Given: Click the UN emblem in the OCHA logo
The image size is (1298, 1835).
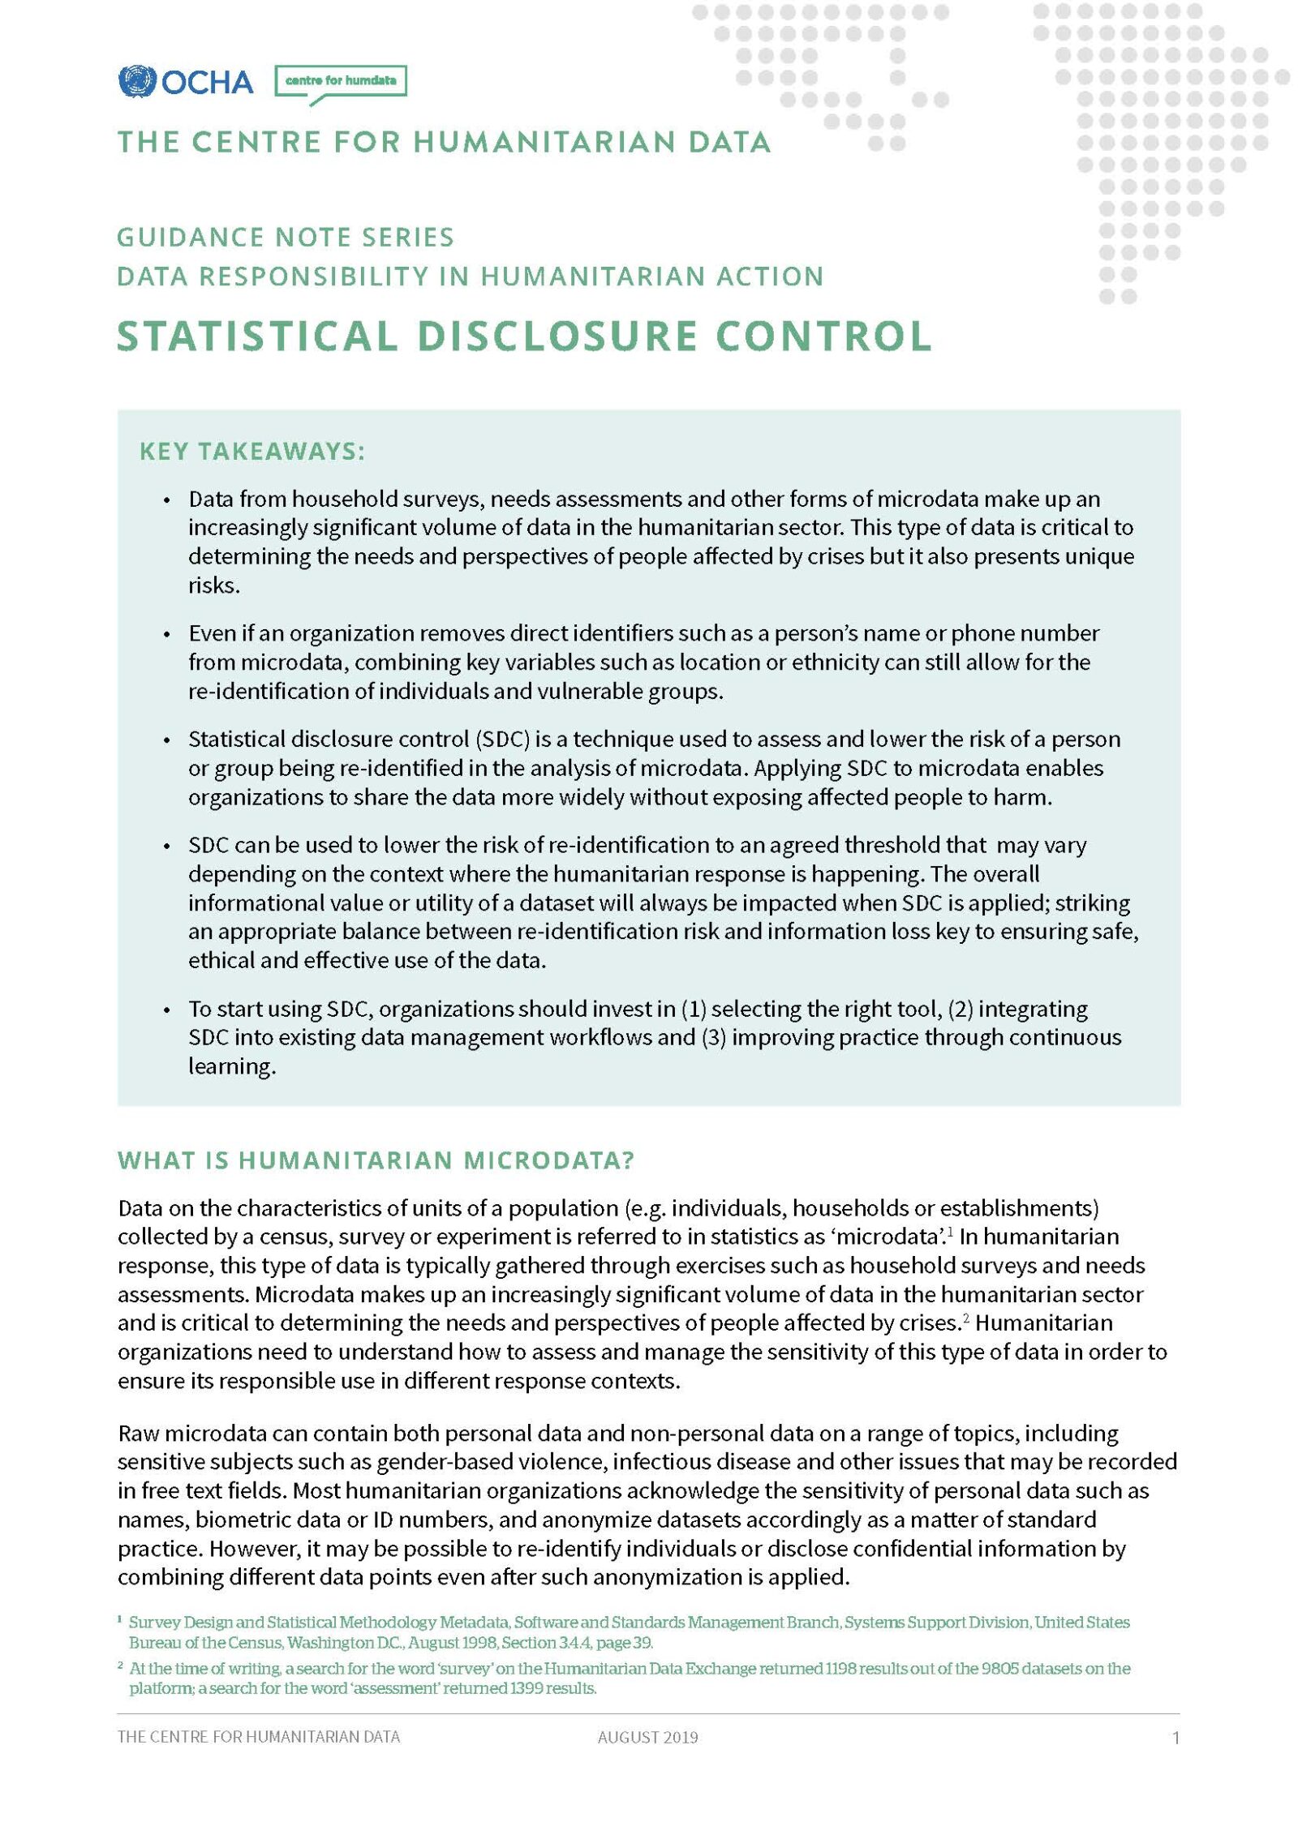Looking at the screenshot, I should coord(136,81).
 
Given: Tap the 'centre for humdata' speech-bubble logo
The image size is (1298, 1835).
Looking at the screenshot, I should coord(341,81).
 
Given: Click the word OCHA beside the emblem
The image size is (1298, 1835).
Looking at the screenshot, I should coord(207,82).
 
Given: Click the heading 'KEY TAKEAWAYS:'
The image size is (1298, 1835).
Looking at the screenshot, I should coord(251,452).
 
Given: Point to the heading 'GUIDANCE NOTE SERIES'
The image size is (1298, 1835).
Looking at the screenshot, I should coord(285,238).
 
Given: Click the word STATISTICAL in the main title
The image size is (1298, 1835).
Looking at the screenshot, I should coord(257,336).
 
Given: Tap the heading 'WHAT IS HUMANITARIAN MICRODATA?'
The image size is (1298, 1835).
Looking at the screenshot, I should coord(375,1160).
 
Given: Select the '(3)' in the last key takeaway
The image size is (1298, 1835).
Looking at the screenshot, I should coord(713,1038).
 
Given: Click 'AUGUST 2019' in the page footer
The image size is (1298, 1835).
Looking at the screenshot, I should coord(647,1737).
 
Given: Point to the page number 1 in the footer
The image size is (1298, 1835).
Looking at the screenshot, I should coord(1176,1737).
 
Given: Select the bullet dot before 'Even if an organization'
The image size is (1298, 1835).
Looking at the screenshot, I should coord(167,634).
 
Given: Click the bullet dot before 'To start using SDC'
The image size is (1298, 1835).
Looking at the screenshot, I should coord(167,1010).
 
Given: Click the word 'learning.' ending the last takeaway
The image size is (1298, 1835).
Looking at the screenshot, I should coord(232,1067).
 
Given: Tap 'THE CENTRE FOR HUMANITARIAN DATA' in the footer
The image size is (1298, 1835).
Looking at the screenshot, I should coord(258,1737).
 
